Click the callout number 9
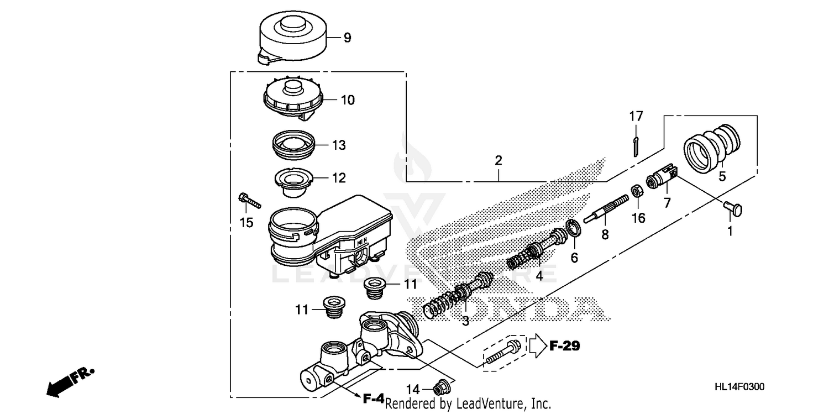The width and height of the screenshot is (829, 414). pyautogui.click(x=347, y=38)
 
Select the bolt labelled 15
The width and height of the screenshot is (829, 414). pyautogui.click(x=249, y=200)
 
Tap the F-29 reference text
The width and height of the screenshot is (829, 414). pyautogui.click(x=564, y=347)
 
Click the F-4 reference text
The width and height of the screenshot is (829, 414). pyautogui.click(x=373, y=398)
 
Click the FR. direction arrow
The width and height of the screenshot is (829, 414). pyautogui.click(x=69, y=382)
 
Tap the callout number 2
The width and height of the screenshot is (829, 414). pyautogui.click(x=498, y=161)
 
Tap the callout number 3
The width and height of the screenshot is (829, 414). pyautogui.click(x=465, y=321)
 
